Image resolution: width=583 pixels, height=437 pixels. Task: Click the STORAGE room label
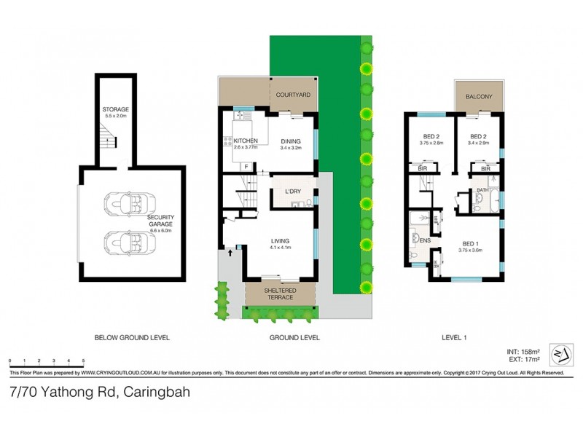(114, 109)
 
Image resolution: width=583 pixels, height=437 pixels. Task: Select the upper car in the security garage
(126, 204)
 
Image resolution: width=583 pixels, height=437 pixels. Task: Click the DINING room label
(290, 141)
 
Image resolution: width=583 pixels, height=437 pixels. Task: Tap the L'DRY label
(293, 192)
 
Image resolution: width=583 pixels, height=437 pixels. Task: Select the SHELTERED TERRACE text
(279, 293)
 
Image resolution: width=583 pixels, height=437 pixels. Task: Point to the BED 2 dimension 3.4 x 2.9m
(478, 143)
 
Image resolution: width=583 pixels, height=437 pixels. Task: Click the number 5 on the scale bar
(83, 361)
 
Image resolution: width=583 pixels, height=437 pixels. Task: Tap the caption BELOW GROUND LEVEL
(132, 337)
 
